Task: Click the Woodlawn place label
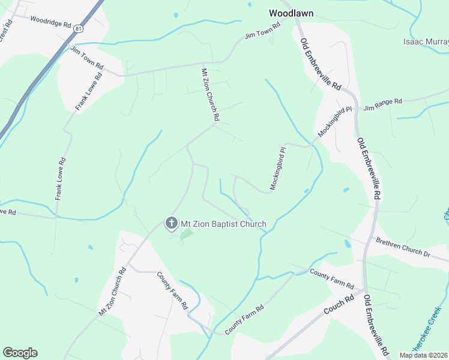(291, 13)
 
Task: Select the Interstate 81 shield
(79, 28)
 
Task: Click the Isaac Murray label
(426, 42)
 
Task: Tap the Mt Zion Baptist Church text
(223, 224)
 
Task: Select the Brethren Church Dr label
(403, 247)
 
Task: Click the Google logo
(20, 353)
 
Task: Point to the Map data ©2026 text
(424, 355)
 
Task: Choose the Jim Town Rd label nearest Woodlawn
(263, 32)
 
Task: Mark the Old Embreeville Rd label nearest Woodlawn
(320, 65)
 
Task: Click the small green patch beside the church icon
(187, 233)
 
